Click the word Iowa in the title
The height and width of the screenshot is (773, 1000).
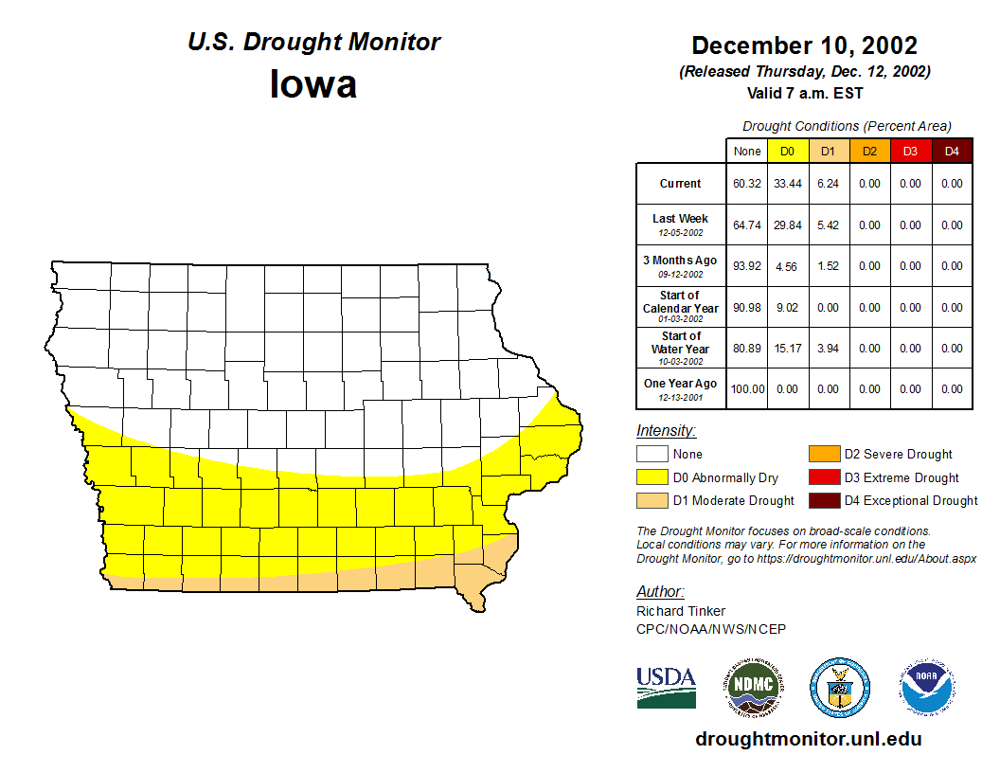coord(313,83)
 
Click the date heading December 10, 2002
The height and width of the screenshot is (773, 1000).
coord(804,45)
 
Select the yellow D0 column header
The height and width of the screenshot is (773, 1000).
coord(787,151)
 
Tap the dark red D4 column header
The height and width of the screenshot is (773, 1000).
coord(952,151)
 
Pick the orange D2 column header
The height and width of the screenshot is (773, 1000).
coord(869,151)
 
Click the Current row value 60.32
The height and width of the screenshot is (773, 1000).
coord(747,184)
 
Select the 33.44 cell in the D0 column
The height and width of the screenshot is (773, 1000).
coord(787,184)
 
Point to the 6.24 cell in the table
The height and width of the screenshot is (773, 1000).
coord(828,184)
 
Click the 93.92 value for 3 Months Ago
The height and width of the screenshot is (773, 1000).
coord(747,266)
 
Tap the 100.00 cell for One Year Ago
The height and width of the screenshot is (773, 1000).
coord(747,389)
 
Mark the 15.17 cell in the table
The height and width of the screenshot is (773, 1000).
coord(787,349)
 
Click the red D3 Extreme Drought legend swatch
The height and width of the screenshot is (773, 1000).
coord(823,477)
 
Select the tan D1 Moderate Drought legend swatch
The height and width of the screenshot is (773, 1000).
coord(652,500)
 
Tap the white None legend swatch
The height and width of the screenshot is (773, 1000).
coord(652,455)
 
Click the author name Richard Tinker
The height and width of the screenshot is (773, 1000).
coord(681,611)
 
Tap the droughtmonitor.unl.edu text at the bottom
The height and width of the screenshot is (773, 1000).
coord(809,739)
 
